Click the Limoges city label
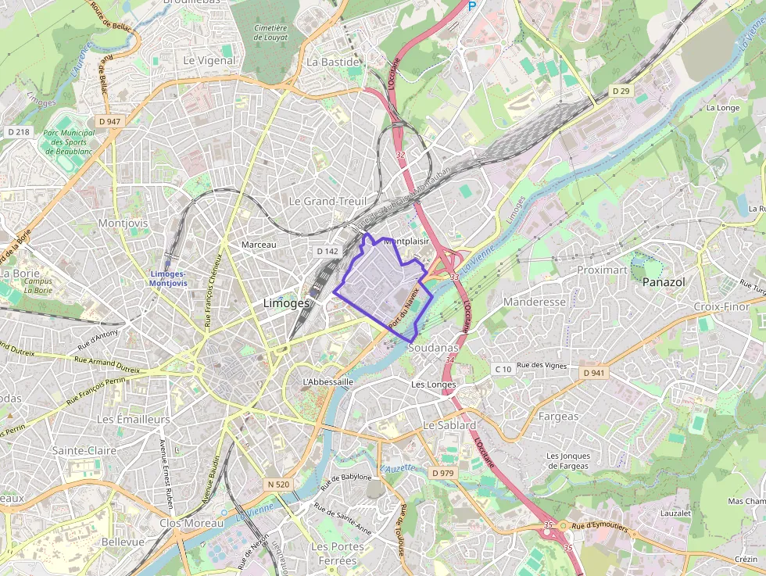287,303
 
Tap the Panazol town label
664,282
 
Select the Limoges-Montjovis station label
167,278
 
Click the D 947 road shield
110,122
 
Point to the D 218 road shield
19,132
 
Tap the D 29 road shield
621,91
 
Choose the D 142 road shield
328,252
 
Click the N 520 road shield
278,485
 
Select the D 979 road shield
442,473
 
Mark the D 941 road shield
595,373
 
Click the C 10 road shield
503,369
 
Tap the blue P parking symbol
471,5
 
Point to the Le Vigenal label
209,60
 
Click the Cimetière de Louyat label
270,31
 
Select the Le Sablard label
449,425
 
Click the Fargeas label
558,417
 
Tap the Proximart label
602,270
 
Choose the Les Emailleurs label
133,420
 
